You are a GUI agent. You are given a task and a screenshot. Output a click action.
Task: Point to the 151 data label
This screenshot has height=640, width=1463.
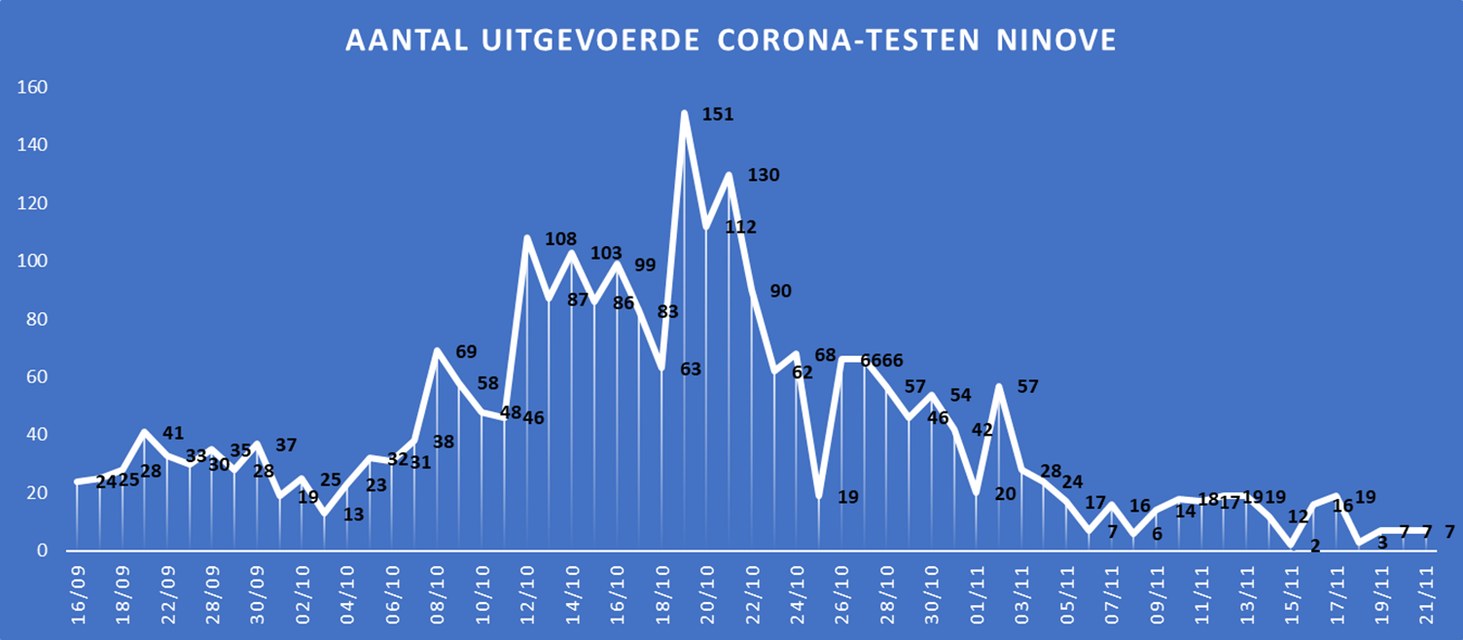[718, 115]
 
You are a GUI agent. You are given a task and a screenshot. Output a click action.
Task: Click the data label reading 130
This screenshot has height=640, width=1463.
[764, 175]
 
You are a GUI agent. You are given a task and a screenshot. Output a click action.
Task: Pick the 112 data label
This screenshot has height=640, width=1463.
[740, 227]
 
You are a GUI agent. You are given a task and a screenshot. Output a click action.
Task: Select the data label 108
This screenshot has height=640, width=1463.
[561, 239]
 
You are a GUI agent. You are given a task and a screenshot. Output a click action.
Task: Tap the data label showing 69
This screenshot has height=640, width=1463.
[466, 351]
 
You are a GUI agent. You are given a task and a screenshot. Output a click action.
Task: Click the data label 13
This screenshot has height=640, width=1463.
[353, 514]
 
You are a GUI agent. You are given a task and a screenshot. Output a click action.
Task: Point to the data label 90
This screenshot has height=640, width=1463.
[780, 291]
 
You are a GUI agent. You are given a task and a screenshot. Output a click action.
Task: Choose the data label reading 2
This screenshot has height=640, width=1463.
[1315, 546]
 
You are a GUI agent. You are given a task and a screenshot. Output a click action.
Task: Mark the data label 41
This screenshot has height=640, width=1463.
[173, 433]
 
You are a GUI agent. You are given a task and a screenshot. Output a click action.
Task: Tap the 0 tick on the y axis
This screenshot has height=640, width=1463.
[42, 551]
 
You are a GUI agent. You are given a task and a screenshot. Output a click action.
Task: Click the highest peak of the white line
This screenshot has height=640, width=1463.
[685, 113]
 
